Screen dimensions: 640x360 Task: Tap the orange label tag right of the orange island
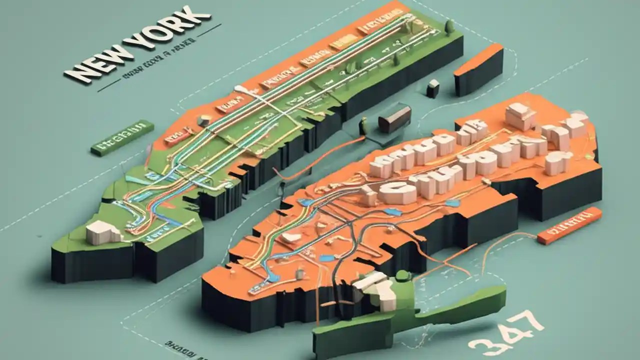(x=569, y=225)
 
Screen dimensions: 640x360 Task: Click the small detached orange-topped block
(x=478, y=70)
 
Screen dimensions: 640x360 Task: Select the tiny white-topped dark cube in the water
(x=433, y=88)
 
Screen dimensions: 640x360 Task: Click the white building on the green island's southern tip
(x=103, y=233)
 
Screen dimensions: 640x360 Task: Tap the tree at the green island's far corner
(x=449, y=26)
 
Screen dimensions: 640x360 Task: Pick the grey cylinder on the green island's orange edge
(x=204, y=120)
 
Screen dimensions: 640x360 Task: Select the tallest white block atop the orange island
(x=520, y=116)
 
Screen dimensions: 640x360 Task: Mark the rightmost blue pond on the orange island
(x=452, y=203)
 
